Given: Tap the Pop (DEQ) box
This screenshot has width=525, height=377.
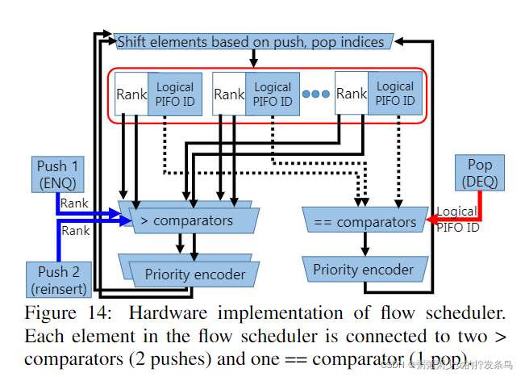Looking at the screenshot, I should [x=480, y=172].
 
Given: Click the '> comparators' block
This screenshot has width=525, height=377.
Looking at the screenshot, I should [x=186, y=220].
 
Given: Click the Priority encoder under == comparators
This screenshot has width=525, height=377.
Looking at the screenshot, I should [x=363, y=270].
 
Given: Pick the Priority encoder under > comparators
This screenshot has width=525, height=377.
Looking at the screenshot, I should [x=194, y=274].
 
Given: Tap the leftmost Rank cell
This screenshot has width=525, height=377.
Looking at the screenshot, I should [x=131, y=94].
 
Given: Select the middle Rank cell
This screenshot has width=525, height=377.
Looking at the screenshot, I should [x=229, y=94].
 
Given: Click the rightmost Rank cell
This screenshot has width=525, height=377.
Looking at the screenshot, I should [x=352, y=94].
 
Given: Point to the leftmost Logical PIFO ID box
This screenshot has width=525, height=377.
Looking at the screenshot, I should [x=174, y=94].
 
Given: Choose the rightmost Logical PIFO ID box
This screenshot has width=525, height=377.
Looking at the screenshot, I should [x=395, y=94].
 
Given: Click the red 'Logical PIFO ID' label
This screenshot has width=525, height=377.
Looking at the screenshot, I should [x=456, y=219].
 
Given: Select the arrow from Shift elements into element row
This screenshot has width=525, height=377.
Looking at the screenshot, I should [x=253, y=59].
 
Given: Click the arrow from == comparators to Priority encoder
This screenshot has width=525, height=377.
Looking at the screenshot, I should [x=365, y=244].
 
